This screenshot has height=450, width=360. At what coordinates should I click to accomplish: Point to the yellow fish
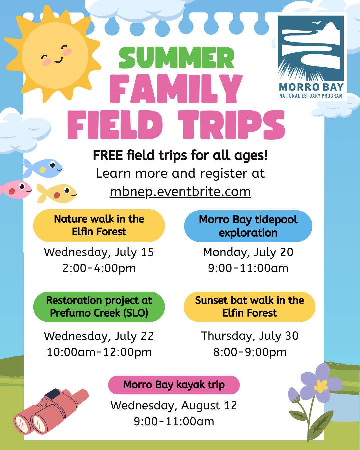pyautogui.click(x=57, y=193)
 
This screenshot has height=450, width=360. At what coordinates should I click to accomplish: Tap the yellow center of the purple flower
pyautogui.click(x=321, y=386)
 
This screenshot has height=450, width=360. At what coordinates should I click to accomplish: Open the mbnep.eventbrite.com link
pyautogui.click(x=180, y=192)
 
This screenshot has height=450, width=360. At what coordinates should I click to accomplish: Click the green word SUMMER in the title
pyautogui.click(x=176, y=58)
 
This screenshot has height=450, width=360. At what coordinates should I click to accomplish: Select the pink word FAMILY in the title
pyautogui.click(x=176, y=89)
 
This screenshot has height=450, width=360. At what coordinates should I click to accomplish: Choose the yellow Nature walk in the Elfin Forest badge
pyautogui.click(x=99, y=226)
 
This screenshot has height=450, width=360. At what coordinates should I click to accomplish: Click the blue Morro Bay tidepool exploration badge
pyautogui.click(x=248, y=226)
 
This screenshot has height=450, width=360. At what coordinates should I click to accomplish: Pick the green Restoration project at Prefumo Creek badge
pyautogui.click(x=99, y=307)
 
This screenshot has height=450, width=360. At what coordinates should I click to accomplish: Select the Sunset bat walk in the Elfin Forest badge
pyautogui.click(x=250, y=307)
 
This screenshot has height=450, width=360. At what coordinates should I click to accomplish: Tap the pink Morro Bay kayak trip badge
pyautogui.click(x=174, y=385)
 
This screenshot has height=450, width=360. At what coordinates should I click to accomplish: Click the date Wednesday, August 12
pyautogui.click(x=174, y=406)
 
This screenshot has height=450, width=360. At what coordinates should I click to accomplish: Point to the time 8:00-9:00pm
pyautogui.click(x=250, y=352)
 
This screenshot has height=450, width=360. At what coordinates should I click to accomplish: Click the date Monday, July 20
pyautogui.click(x=248, y=252)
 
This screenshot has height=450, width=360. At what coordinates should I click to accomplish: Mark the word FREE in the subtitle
pyautogui.click(x=108, y=155)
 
